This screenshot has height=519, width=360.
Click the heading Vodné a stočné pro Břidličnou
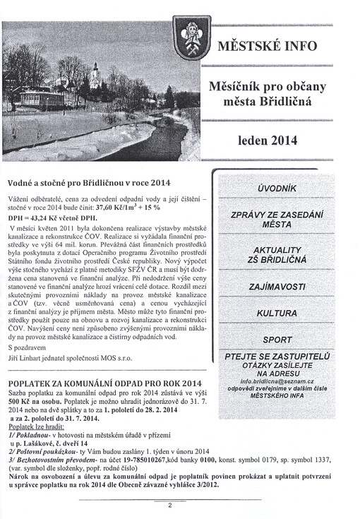(89, 181)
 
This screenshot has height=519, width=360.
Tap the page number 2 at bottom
(169, 505)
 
